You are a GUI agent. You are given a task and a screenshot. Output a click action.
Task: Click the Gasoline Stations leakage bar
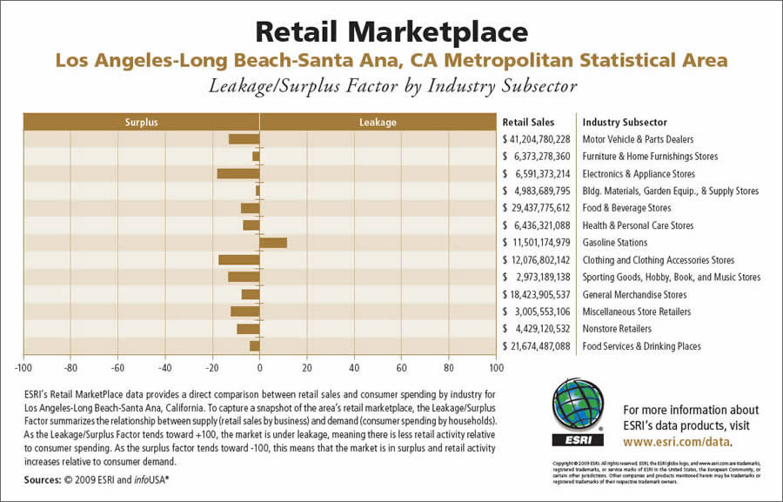(x=273, y=243)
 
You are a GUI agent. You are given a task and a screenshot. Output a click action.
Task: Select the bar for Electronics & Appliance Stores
(x=238, y=174)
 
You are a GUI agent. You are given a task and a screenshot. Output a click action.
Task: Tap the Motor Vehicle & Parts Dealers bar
(x=244, y=139)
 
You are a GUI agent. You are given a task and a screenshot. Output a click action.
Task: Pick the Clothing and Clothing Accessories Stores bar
(x=239, y=260)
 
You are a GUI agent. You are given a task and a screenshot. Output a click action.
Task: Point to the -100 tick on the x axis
(x=23, y=368)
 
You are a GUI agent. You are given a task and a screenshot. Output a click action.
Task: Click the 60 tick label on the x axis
(x=402, y=368)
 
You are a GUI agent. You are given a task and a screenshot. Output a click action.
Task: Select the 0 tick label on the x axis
(x=260, y=368)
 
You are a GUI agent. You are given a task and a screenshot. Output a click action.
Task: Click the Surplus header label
(x=141, y=123)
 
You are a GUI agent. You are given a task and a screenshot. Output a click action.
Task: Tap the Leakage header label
(x=378, y=123)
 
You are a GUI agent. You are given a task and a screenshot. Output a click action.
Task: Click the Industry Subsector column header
(x=625, y=123)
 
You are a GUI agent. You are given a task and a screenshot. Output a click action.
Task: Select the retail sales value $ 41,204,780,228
(x=536, y=139)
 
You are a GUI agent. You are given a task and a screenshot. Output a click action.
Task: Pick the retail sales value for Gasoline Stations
(x=536, y=243)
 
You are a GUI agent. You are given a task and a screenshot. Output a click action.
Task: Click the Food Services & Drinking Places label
(x=641, y=346)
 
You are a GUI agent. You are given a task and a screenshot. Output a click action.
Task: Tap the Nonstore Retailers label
(x=617, y=329)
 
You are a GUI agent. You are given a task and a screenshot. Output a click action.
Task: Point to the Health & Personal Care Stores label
(x=638, y=225)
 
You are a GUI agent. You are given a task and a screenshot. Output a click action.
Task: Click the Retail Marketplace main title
(x=391, y=32)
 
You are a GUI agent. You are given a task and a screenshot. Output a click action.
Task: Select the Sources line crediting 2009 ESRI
(x=97, y=479)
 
